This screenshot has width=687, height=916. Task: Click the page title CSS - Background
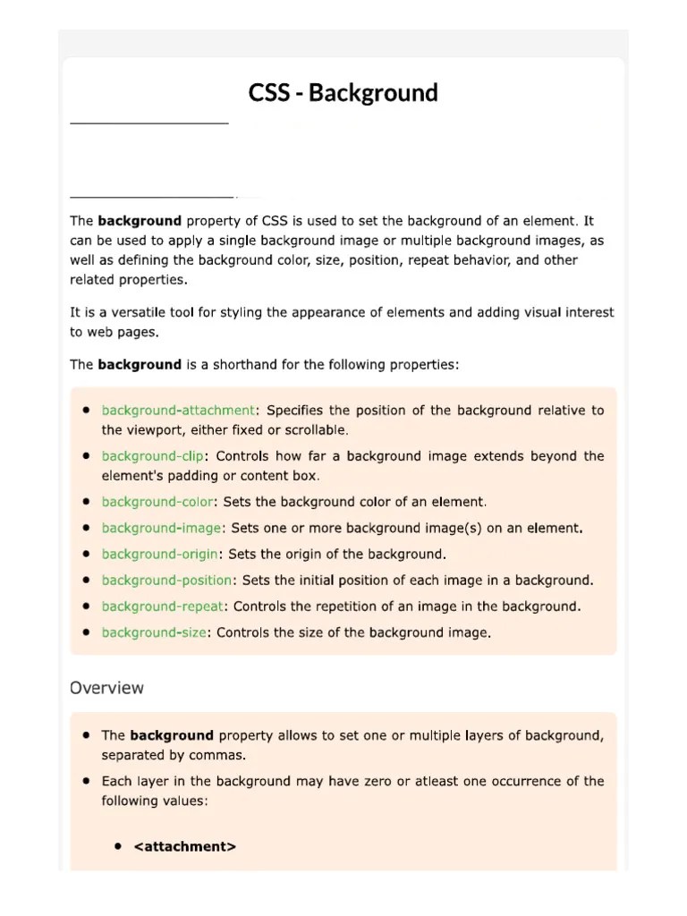pos(343,93)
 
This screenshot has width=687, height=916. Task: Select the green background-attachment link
pos(178,411)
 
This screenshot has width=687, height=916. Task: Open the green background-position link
pos(166,581)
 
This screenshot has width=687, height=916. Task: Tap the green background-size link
pos(154,632)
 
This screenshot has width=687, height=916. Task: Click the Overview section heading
pos(106,688)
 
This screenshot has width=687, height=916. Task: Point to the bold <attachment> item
pos(185,846)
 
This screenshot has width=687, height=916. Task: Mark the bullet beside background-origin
pos(86,554)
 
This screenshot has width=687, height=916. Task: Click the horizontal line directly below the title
pos(148,123)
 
